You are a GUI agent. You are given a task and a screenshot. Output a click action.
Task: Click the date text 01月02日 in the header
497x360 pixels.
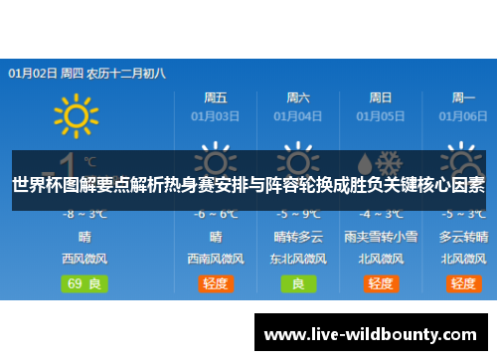coord(32,73)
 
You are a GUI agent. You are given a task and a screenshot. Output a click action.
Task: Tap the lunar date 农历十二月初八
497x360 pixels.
coord(126,73)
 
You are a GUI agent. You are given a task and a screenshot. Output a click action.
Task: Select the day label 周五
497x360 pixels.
coord(216,97)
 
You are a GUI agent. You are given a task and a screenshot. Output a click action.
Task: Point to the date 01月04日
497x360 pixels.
coord(298,115)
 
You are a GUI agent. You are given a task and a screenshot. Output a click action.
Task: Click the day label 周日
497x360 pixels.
coord(381,97)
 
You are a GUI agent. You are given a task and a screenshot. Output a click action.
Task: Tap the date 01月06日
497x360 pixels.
coord(463,115)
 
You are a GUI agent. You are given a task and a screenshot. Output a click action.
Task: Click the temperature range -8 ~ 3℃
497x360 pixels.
coord(84,214)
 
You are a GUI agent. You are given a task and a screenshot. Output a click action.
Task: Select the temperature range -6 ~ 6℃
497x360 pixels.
coord(216,214)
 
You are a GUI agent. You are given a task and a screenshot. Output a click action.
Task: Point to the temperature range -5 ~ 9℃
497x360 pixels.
coord(298,214)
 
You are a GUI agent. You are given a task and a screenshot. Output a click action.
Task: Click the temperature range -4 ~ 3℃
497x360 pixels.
coord(381,214)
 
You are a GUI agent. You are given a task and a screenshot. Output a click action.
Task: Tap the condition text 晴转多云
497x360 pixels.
coord(298,237)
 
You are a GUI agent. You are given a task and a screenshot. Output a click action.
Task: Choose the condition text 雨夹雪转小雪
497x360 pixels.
coord(381,237)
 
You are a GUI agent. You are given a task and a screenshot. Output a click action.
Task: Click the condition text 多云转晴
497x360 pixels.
coord(463,237)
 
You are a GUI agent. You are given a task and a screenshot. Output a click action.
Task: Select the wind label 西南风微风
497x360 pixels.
coord(216,259)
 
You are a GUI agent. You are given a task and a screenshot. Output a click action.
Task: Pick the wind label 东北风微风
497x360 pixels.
coord(298,259)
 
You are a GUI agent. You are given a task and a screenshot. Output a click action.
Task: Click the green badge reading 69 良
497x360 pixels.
coord(84,283)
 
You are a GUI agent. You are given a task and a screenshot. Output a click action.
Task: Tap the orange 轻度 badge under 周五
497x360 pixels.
coord(216,283)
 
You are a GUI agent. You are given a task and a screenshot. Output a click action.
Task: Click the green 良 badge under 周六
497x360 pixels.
coord(298,283)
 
